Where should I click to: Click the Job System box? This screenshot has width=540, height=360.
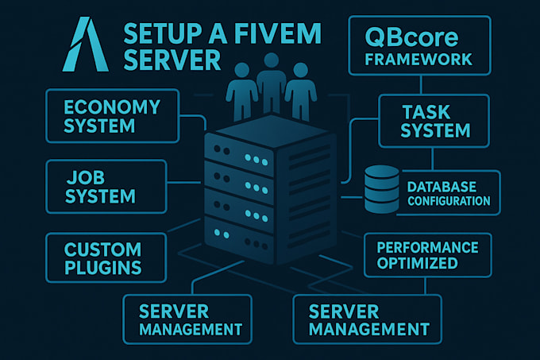point(106,186)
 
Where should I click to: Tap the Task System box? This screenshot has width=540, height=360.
point(435,121)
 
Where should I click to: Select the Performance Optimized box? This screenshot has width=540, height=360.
point(427,254)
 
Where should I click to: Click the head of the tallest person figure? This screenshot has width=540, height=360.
point(270,60)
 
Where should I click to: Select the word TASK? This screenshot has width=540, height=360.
point(435,111)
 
